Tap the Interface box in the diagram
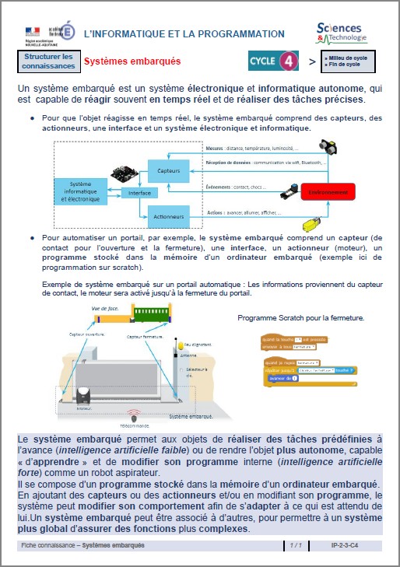coord(139,192)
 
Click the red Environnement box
coord(328,191)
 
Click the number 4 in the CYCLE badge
coord(288,60)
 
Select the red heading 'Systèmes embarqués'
coord(132,61)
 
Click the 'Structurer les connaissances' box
coord(48,61)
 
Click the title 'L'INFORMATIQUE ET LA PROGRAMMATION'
coord(184,33)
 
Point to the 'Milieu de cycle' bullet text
coord(345,58)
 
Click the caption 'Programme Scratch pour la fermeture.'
coord(300,317)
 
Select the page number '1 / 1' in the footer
coord(296,546)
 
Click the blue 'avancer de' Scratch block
coord(279,379)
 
